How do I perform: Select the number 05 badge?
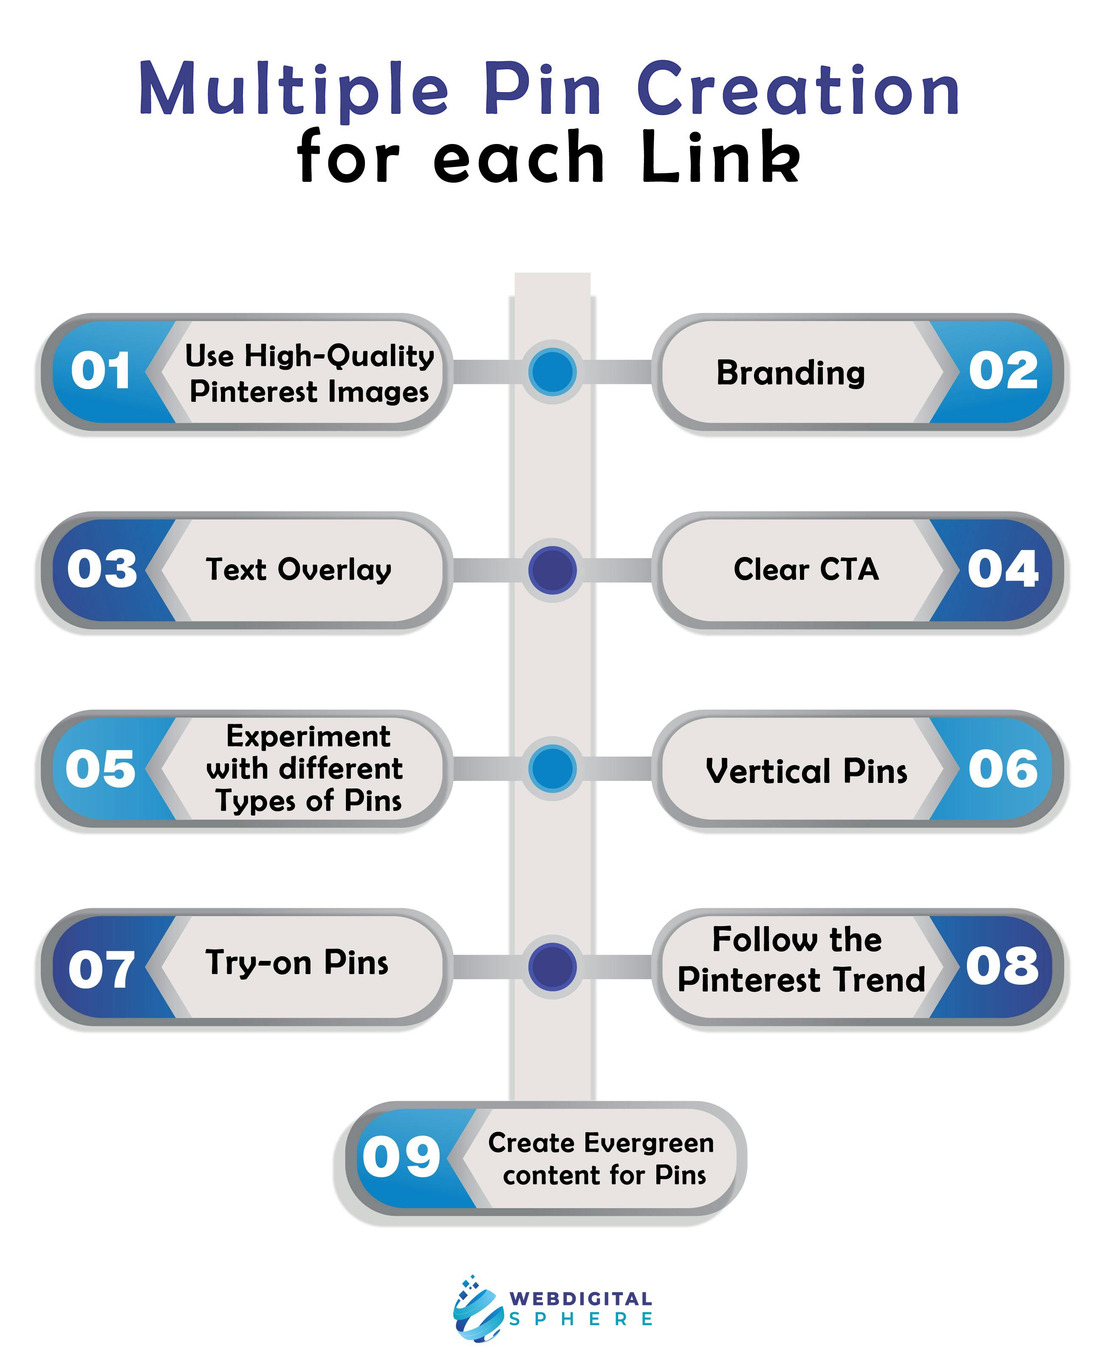point(101,768)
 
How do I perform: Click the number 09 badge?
point(401,1156)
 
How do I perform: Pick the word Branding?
point(791,373)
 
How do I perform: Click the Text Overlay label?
point(299,570)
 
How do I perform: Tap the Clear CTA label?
point(806,569)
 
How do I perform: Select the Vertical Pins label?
point(806,771)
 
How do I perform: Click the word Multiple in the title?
point(294,90)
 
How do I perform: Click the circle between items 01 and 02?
point(552,372)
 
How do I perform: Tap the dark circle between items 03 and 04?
point(552,570)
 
